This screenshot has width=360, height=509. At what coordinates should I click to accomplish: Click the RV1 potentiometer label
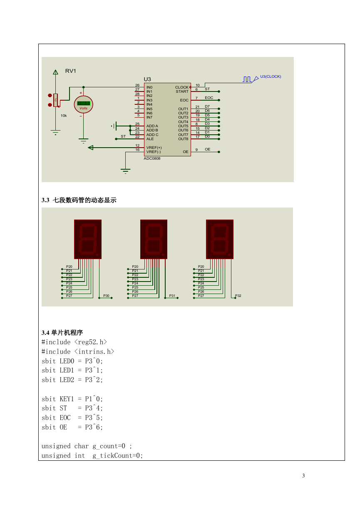(x=70, y=71)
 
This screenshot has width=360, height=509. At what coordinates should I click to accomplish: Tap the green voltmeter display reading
(x=84, y=104)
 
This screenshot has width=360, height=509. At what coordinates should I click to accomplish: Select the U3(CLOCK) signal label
(x=271, y=77)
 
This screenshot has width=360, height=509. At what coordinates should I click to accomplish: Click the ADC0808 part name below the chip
(x=152, y=158)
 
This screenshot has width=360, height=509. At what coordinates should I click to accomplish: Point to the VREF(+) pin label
(x=154, y=148)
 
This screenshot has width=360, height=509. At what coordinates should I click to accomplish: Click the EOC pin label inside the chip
(x=184, y=100)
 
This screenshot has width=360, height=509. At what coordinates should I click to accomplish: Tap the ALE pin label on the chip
(x=150, y=139)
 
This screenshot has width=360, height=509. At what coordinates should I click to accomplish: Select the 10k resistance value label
(x=64, y=116)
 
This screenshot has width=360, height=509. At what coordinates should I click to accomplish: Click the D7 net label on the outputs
(x=207, y=106)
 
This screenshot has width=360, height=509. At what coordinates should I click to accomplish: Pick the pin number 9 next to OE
(x=196, y=150)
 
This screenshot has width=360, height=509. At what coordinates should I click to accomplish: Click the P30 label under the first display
(x=106, y=296)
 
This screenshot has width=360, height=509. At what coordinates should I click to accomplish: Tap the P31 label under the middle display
(x=172, y=296)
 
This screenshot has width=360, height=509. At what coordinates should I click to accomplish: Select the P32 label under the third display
(x=238, y=296)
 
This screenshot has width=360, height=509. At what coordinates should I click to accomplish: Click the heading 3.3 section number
(x=45, y=200)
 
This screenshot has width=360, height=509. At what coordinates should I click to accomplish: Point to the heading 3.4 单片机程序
(x=62, y=333)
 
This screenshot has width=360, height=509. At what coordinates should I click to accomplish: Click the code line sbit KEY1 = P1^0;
(x=72, y=399)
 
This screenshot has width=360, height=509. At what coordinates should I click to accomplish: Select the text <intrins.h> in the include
(x=94, y=351)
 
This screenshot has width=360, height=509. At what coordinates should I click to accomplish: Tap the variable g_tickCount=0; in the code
(x=118, y=456)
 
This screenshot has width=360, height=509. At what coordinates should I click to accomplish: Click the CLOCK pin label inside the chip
(x=182, y=87)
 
